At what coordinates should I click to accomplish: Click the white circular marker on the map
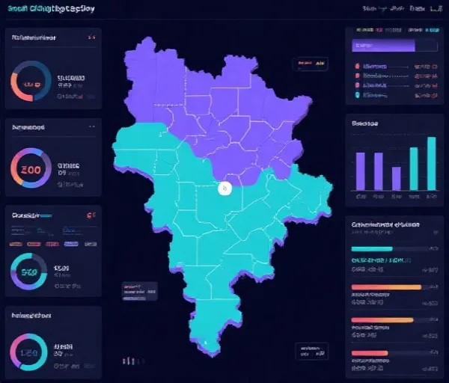point(224,189)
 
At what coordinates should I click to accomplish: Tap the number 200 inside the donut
point(31,170)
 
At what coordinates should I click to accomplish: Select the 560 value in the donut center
point(30,272)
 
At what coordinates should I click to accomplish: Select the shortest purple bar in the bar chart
point(396,178)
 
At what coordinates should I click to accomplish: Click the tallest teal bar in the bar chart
point(431,163)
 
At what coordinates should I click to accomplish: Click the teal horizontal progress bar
point(371,249)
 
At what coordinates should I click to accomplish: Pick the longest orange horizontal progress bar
point(386,287)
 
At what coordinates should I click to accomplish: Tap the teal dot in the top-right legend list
point(357,95)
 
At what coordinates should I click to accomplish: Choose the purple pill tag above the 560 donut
point(70,244)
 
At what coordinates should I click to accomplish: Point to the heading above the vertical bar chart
point(364,123)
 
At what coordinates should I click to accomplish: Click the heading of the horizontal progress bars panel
point(386,224)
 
